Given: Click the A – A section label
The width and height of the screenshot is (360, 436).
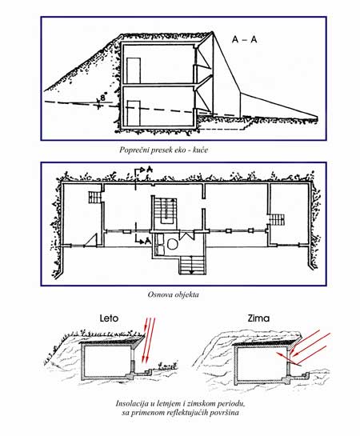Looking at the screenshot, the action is click(x=244, y=39).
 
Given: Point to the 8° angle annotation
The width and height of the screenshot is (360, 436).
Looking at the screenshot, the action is click(x=104, y=98).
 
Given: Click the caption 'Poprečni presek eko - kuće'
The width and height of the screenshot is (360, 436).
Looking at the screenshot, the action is click(x=163, y=150).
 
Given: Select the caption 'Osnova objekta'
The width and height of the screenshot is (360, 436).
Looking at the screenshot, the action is click(x=173, y=294).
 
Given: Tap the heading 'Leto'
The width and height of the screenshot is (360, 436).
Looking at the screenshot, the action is click(x=109, y=318).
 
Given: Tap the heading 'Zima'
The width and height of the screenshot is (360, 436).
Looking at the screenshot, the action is click(x=258, y=318).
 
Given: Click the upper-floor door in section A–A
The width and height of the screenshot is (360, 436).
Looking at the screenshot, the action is click(x=134, y=70).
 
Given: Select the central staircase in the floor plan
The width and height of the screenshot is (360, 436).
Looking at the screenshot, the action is click(x=166, y=210).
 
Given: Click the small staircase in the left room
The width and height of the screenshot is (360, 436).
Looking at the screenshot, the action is click(x=94, y=198).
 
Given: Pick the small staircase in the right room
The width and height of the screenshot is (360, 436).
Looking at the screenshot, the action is click(x=277, y=220).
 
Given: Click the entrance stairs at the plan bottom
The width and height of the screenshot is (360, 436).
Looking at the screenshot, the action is click(x=192, y=266).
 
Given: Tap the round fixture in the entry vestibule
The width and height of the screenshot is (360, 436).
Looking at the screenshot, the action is click(x=172, y=244).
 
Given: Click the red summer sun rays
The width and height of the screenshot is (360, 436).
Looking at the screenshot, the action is click(x=148, y=339).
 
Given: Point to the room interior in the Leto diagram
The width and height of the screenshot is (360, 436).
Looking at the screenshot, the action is click(x=107, y=360).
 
